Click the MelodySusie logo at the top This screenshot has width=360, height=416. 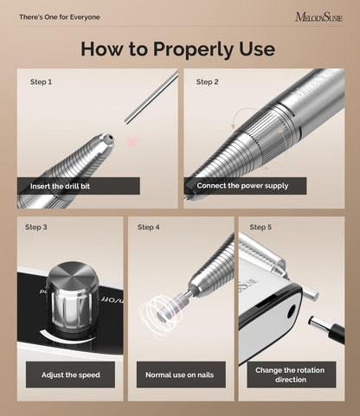point(319,17)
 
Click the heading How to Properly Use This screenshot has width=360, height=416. point(177,49)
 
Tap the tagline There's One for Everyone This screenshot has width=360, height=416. point(60,17)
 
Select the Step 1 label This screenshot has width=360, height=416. point(41,82)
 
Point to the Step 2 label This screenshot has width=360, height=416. point(207,82)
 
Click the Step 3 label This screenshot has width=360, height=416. point(36,227)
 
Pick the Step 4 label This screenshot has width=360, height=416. point(149,227)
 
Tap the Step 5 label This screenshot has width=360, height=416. point(260,227)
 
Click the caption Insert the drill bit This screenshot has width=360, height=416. point(60,186)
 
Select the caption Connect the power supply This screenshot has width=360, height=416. point(242,186)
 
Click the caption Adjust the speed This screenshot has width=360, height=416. point(71,374)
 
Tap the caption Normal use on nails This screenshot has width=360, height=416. point(180,374)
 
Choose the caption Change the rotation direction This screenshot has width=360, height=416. point(290,374)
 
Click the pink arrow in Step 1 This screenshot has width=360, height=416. point(133,141)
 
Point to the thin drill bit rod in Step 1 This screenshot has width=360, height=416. point(151,98)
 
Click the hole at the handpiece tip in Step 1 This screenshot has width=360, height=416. point(110,139)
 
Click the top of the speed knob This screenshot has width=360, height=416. point(72,273)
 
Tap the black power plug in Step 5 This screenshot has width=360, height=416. point(326,329)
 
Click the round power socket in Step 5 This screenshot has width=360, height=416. point(292,311)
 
